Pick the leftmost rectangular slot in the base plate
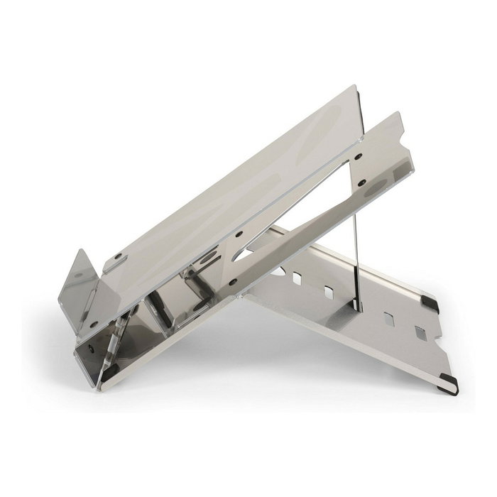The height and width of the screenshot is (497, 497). click(x=296, y=278)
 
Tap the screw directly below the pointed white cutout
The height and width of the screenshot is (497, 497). click(x=231, y=283)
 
